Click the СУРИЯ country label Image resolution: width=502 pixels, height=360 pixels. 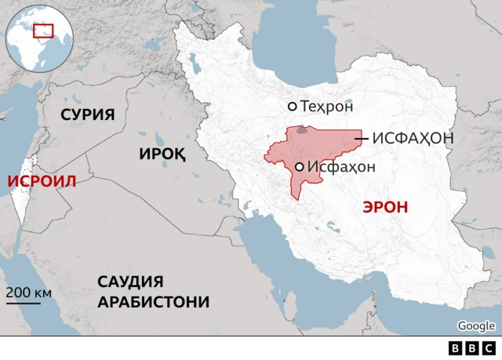[x=88, y=115]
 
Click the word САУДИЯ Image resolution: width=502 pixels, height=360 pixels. [x=130, y=282]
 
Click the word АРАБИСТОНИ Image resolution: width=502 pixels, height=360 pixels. [x=154, y=302]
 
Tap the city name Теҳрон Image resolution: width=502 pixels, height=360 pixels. [x=327, y=106]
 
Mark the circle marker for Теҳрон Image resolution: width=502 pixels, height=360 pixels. [x=293, y=106]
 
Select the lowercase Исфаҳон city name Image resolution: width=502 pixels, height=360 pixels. [x=341, y=166]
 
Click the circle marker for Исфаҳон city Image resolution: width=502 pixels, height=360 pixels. [x=300, y=166]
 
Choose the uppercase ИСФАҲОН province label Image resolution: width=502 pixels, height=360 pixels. [x=413, y=138]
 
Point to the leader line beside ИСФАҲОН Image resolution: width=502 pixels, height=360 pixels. [x=362, y=138]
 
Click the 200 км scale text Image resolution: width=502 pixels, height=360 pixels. [x=29, y=292]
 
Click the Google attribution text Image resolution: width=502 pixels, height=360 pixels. [x=476, y=325]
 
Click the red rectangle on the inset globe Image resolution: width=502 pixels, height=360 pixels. [x=43, y=31]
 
